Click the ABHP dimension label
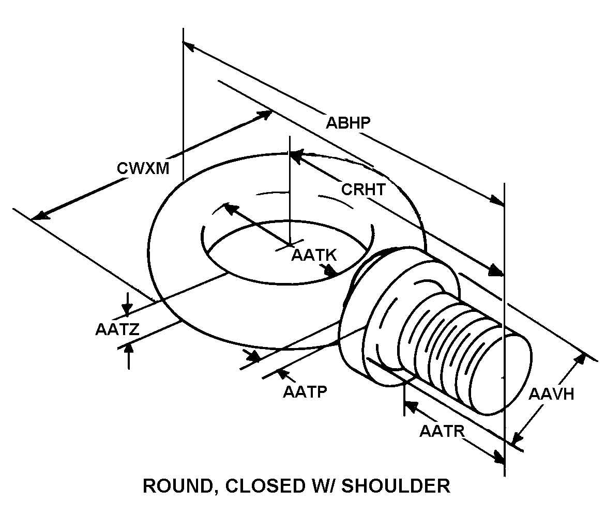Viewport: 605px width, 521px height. pos(348,123)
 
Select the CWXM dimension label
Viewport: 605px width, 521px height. pos(143,168)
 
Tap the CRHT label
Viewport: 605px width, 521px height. pos(363,190)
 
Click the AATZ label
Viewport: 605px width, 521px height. pos(117,329)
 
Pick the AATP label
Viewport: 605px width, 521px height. pos(305,392)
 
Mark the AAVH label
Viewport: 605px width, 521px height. pos(552,394)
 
